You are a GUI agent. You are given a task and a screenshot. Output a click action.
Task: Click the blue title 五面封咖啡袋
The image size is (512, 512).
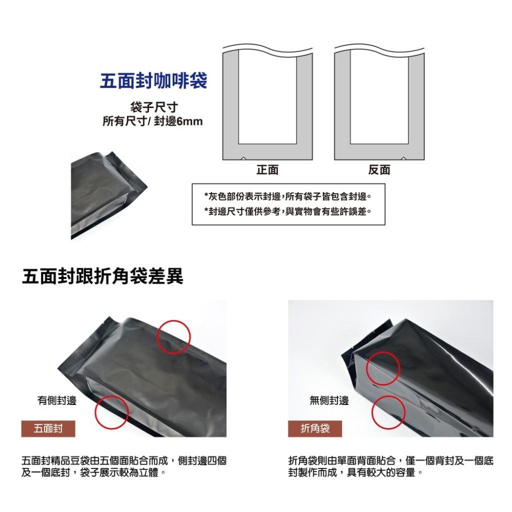pos(154,80)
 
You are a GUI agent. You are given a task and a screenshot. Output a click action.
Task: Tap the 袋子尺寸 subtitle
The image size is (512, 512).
pos(154,107)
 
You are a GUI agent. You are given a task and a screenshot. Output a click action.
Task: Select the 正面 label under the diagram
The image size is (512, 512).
pos(267,170)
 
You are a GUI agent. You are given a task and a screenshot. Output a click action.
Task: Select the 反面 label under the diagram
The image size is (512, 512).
pos(379,170)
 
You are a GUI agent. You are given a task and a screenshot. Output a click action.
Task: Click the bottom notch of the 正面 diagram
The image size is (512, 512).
pos(243,158)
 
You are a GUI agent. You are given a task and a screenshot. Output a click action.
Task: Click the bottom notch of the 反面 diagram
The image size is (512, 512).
pos(403,158)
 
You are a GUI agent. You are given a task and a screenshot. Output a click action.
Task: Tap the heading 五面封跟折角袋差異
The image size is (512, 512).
pos(103,276)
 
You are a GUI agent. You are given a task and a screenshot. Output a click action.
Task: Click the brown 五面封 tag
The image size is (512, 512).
pos(48,429)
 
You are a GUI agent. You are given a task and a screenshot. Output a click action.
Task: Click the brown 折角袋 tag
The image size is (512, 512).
pos(315,429)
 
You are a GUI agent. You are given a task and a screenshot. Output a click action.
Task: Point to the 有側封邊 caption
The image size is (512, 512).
pos(57,400)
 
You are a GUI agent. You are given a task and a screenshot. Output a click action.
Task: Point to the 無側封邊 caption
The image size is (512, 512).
pos(329,400)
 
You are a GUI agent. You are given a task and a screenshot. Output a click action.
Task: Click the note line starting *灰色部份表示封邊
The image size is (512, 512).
pos(288,196)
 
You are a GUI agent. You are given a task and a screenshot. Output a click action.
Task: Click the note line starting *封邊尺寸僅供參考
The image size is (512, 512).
pos(288,211)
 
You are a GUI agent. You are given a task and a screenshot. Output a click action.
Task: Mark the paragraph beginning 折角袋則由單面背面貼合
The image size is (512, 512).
pos(391,466)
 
